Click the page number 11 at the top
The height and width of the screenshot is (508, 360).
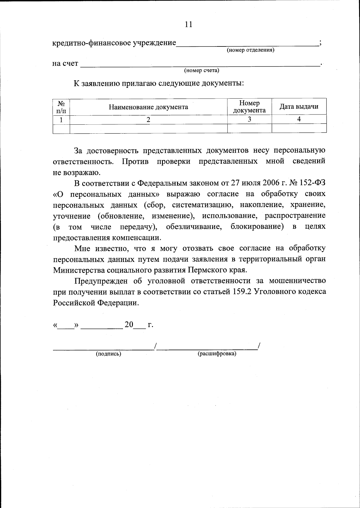point(188,24)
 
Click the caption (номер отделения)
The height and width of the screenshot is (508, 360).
point(250,50)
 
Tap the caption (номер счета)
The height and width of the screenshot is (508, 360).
point(201,71)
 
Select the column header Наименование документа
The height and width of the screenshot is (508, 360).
point(148,107)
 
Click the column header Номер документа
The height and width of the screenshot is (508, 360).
point(249,107)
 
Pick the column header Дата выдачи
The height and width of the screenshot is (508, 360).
point(299,107)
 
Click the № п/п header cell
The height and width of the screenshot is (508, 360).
point(61,107)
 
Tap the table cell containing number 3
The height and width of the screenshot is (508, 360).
point(249,119)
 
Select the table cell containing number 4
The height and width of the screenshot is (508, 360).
point(299,119)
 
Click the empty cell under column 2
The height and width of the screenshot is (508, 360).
point(148,129)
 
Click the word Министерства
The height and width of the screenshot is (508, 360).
point(79,270)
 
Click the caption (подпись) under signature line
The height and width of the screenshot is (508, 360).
point(108,354)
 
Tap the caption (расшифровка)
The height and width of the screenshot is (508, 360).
point(217,354)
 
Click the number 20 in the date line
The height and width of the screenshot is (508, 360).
point(129,325)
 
